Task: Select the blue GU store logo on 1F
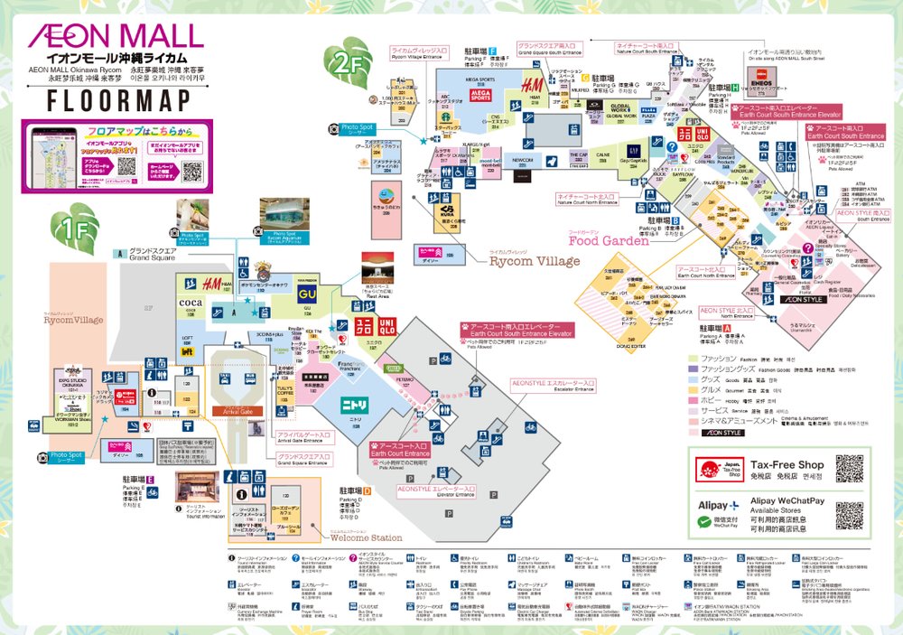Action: point(307,293)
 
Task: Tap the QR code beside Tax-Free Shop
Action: point(849,469)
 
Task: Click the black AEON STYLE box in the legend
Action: point(719,433)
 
